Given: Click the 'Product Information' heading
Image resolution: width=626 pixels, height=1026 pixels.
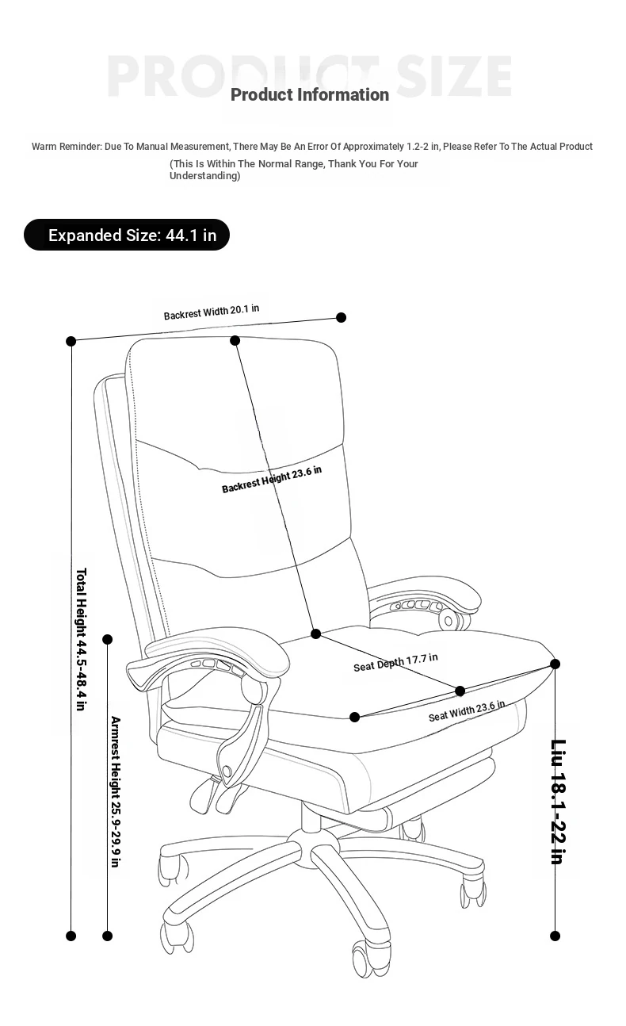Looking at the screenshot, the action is [310, 95].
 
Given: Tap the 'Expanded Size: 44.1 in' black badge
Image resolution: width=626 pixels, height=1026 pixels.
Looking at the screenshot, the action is [127, 235].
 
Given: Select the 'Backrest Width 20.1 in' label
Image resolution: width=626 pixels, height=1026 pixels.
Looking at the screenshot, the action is [212, 312].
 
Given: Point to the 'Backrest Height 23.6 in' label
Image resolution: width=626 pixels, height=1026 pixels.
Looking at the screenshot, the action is [272, 480].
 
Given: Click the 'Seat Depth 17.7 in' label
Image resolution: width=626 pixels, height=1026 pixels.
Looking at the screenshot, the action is [396, 662].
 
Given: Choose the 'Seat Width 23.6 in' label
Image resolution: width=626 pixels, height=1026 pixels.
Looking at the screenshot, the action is [467, 711].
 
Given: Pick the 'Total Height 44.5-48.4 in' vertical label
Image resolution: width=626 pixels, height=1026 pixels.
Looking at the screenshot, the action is [81, 639].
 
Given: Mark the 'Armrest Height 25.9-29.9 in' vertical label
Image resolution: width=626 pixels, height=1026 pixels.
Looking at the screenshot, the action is [116, 792].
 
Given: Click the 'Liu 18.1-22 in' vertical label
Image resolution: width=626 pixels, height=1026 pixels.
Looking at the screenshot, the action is [559, 802].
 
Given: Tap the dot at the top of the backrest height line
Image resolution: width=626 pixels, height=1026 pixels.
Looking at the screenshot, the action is [235, 340].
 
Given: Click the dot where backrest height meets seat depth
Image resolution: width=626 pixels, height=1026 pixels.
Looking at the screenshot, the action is [315, 634].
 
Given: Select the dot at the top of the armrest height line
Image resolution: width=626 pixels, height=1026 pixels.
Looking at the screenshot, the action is [108, 639].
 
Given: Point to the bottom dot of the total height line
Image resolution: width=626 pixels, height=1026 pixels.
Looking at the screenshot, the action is [71, 936].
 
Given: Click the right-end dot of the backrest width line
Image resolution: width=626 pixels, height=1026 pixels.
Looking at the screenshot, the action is [341, 317].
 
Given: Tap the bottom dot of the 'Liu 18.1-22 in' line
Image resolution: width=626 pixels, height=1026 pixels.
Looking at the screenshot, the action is [555, 936].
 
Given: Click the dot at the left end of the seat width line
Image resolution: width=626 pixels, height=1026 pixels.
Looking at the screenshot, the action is [355, 718].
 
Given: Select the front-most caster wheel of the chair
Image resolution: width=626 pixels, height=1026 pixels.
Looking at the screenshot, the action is [371, 959].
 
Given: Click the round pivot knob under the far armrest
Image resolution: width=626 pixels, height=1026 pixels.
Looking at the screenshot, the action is [449, 621].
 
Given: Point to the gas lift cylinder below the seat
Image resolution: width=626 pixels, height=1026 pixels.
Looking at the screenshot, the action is [311, 816].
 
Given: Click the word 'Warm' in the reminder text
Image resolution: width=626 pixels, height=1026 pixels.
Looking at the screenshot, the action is [44, 147].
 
